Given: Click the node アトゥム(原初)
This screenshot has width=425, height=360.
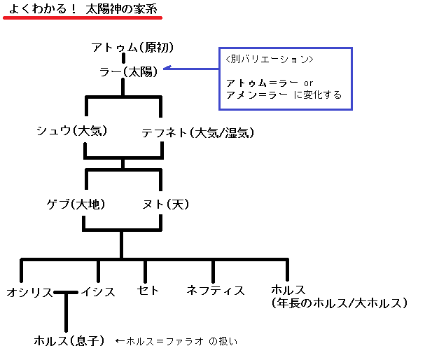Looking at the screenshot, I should tap(132, 48).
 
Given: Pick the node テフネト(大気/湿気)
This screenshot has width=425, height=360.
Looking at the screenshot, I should tap(197, 132).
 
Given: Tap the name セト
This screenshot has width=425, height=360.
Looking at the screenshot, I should tap(146, 290).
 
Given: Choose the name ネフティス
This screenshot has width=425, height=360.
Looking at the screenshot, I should tap(215, 290).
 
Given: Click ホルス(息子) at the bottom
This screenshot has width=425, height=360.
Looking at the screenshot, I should tap(69, 341).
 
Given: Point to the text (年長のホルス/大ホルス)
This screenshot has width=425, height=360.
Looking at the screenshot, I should tap(339, 303).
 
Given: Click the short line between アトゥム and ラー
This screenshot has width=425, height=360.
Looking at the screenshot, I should tap(123, 59).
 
